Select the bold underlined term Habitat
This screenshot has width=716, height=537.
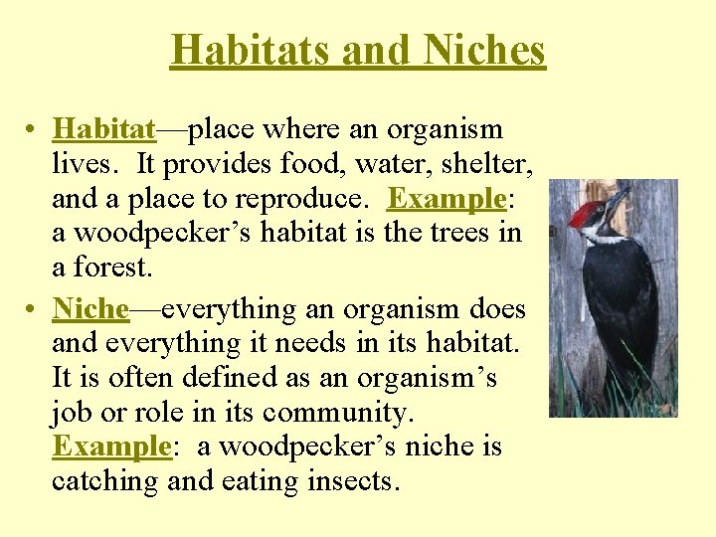104,129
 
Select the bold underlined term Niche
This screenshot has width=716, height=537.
90,309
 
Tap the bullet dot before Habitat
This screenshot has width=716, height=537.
33,131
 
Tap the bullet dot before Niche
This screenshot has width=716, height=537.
33,311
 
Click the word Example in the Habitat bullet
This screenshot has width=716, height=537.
447,199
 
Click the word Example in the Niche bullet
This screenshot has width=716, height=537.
111,447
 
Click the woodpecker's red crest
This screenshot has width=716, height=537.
587,213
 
